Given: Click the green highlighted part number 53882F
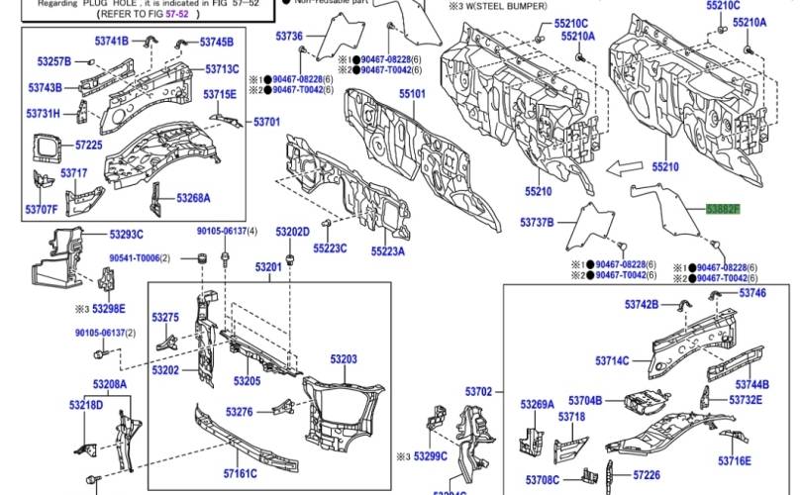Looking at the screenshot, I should (x=722, y=210).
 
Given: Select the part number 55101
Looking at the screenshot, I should (x=412, y=95).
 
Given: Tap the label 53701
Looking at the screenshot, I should (x=267, y=122).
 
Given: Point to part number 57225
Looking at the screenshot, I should (x=89, y=146).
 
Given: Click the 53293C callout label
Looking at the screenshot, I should (x=126, y=234).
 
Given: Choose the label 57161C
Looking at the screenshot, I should (x=241, y=473).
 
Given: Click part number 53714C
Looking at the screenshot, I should (x=613, y=360).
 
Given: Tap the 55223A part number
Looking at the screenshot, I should (x=390, y=251).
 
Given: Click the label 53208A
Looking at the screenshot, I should (x=110, y=383).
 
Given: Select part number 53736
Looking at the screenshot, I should (x=288, y=37).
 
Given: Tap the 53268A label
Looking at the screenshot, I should (x=193, y=198).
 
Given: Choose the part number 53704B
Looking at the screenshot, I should (x=585, y=401).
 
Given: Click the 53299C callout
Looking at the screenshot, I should (x=431, y=456).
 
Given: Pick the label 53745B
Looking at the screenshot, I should (x=216, y=42).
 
